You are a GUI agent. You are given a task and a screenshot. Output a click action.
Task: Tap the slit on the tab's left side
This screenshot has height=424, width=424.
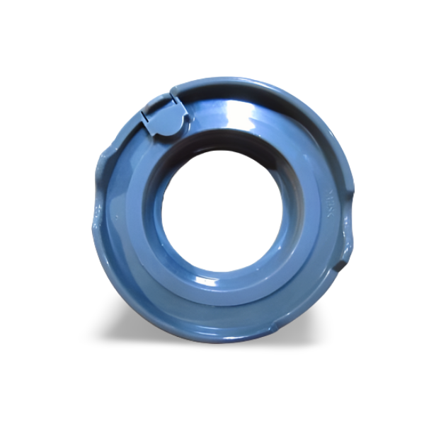tap(145, 120)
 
